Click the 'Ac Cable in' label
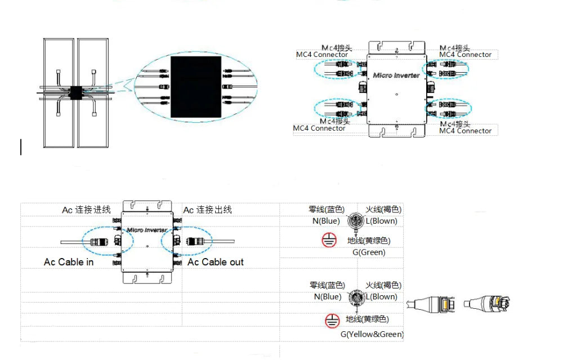(x=69, y=263)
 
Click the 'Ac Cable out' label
(x=216, y=263)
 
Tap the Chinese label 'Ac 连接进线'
(x=86, y=210)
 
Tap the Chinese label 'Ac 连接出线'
(x=208, y=210)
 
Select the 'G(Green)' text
(x=369, y=252)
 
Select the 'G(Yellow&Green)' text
(x=372, y=334)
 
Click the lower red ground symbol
(x=332, y=321)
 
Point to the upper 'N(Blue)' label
(x=327, y=221)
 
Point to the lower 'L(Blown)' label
(x=382, y=297)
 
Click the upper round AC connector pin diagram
(x=355, y=222)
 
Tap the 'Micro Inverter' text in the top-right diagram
(x=396, y=75)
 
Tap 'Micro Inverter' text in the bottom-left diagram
(x=146, y=230)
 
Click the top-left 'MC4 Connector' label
(x=322, y=55)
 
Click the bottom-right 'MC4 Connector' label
(x=465, y=131)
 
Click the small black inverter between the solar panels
(x=75, y=91)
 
